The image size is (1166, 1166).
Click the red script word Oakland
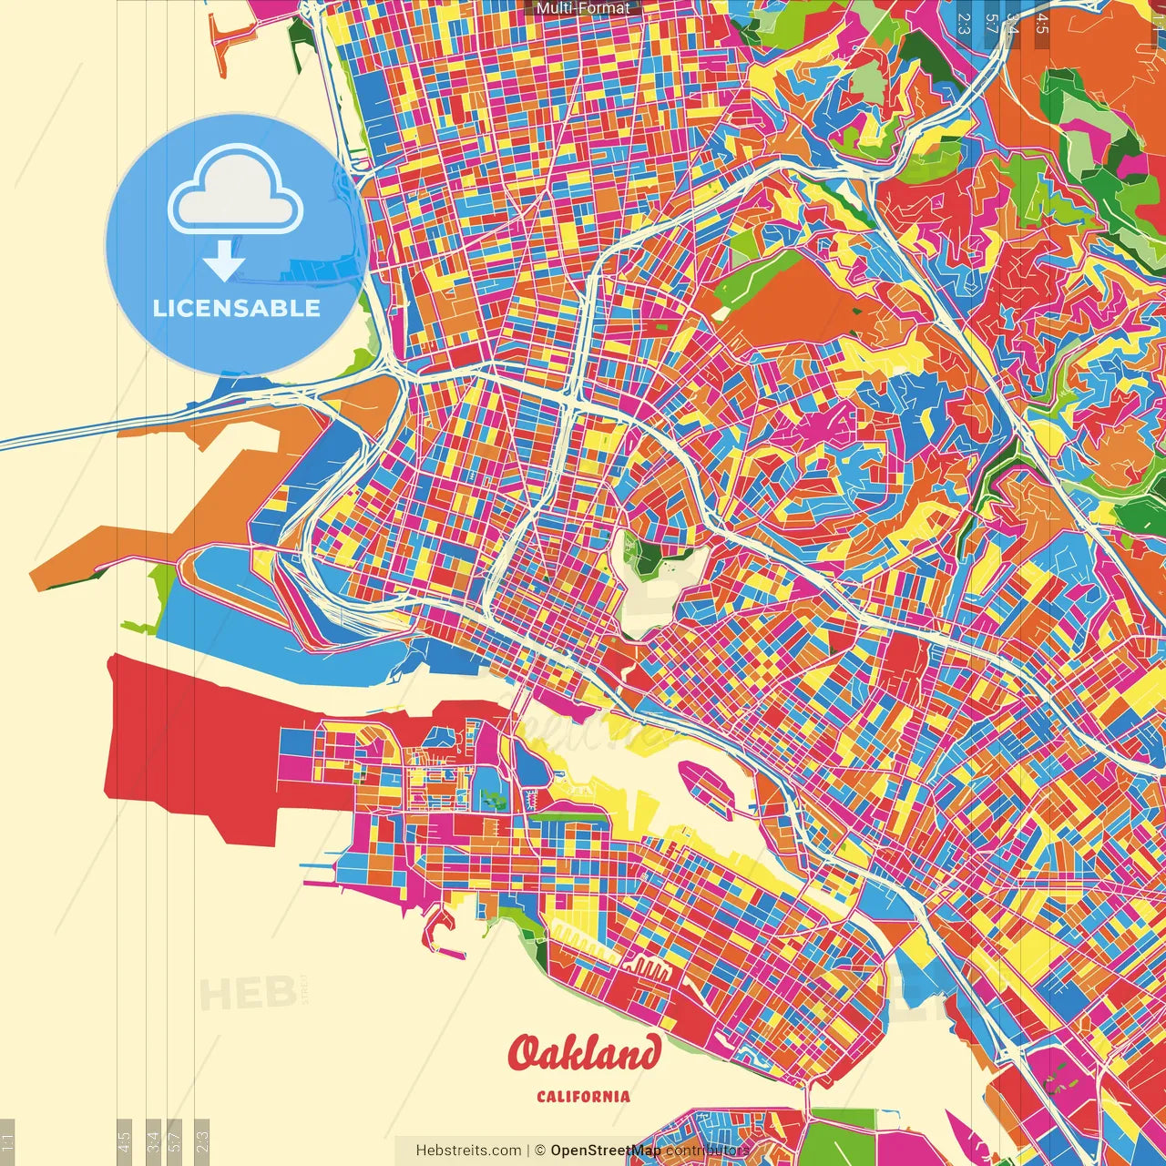pyautogui.click(x=584, y=1054)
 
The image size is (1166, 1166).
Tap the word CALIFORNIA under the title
pyautogui.click(x=583, y=1096)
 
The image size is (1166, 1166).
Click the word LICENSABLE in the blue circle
pyautogui.click(x=237, y=308)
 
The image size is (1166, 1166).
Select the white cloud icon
pyautogui.click(x=236, y=194)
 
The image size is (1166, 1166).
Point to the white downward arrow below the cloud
pyautogui.click(x=224, y=261)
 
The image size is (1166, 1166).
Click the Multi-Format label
pyautogui.click(x=583, y=8)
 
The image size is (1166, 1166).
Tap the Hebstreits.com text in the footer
pyautogui.click(x=468, y=1151)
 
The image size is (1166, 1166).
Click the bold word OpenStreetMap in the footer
pyautogui.click(x=606, y=1151)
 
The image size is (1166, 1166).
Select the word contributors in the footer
pyautogui.click(x=708, y=1151)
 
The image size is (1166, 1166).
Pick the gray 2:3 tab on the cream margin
pyautogui.click(x=202, y=1139)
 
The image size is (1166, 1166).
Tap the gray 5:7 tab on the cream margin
pyautogui.click(x=175, y=1139)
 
